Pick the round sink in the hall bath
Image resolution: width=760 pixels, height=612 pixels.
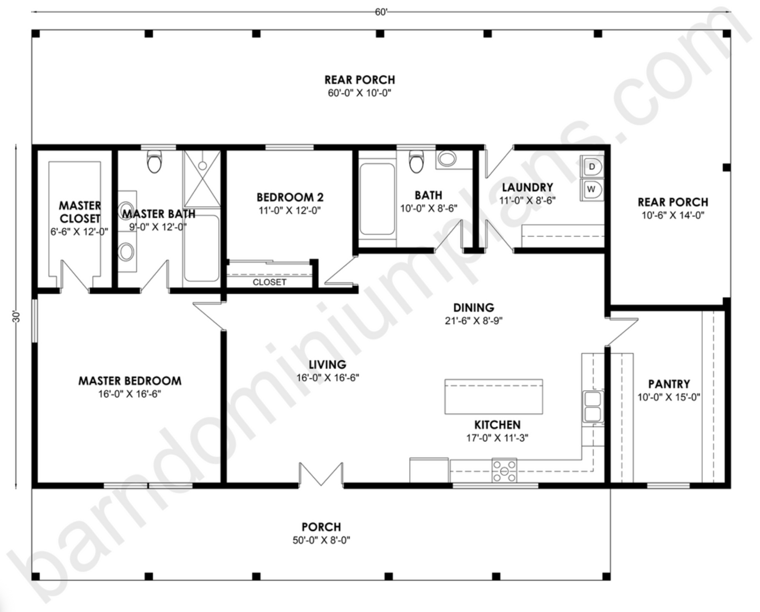pyautogui.click(x=448, y=159)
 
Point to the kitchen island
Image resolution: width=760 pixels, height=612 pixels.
pyautogui.click(x=493, y=396)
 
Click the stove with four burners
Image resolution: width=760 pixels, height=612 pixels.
pyautogui.click(x=504, y=470)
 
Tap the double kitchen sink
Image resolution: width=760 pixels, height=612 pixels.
pyautogui.click(x=592, y=407)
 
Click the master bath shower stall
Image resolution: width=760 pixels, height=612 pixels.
pyautogui.click(x=202, y=179)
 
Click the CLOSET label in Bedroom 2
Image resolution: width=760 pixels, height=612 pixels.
pyautogui.click(x=269, y=282)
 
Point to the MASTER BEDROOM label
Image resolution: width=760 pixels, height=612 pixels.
pyautogui.click(x=130, y=380)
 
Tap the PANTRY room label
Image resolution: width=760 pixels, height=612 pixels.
pyautogui.click(x=668, y=384)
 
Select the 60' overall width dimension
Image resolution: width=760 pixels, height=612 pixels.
pyautogui.click(x=381, y=12)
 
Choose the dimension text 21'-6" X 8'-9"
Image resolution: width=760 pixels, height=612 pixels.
pyautogui.click(x=474, y=320)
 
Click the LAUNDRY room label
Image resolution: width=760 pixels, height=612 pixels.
pyautogui.click(x=527, y=187)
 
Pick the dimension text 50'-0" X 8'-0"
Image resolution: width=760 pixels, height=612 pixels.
pyautogui.click(x=321, y=540)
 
